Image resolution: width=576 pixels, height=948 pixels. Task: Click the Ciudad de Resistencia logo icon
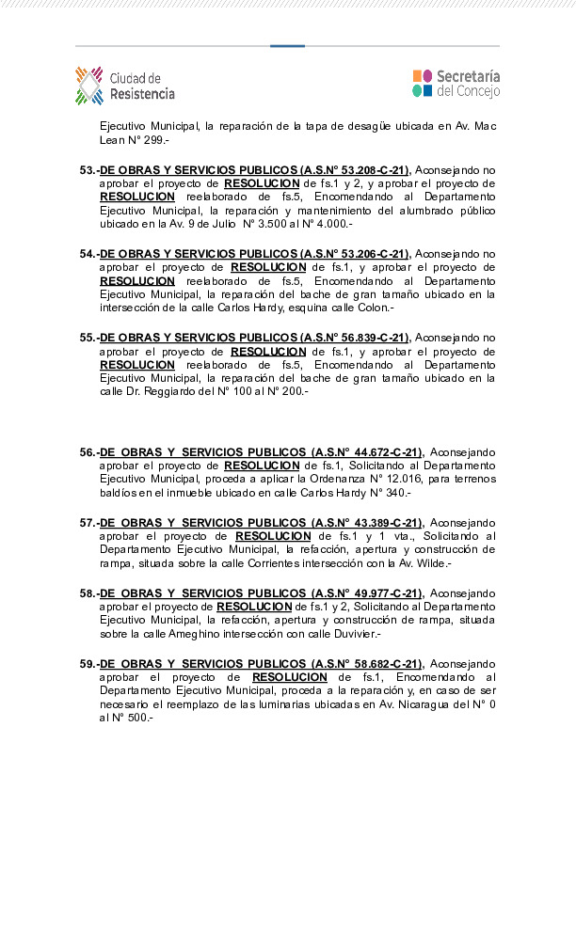click(x=88, y=85)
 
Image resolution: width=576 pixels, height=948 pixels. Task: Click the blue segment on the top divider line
click(x=287, y=45)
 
